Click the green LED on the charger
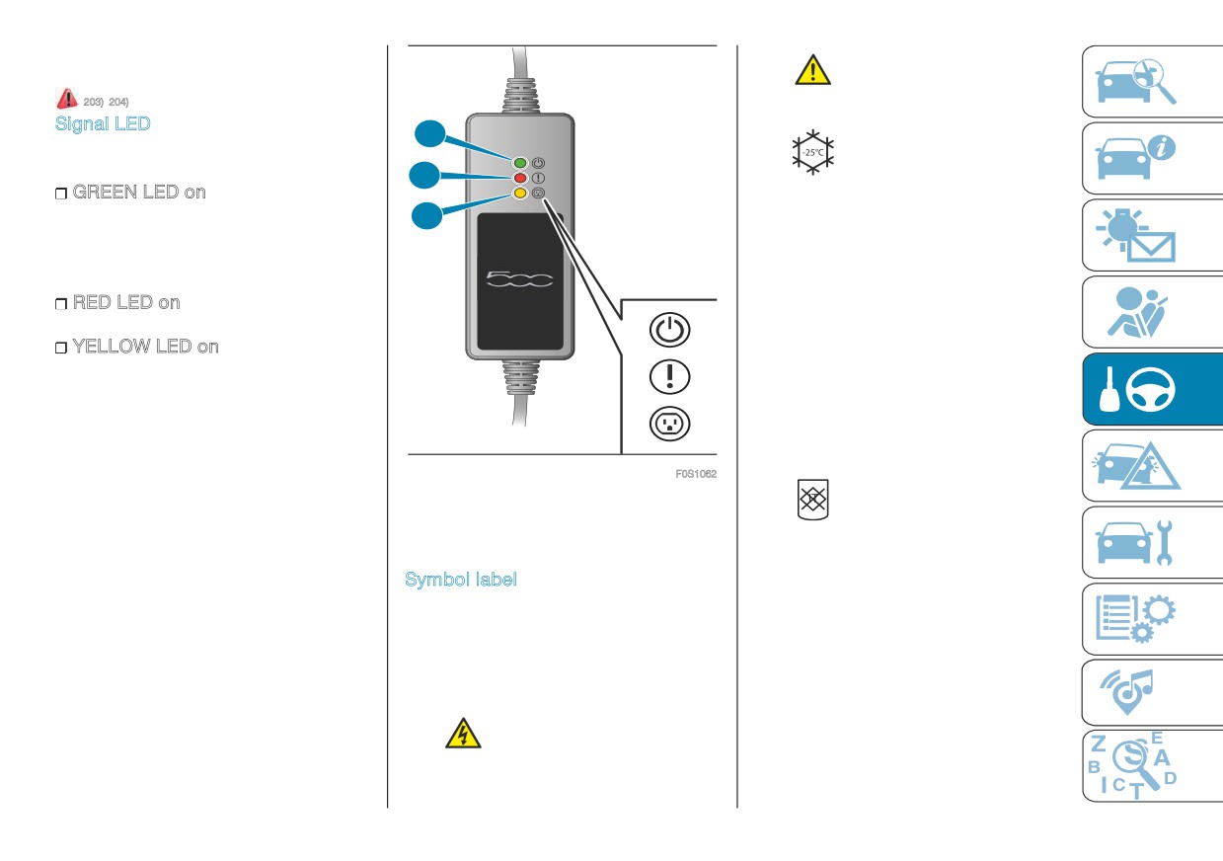520,163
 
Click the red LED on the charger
520,178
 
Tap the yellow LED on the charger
520,193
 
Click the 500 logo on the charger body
519,279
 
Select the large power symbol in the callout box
669,330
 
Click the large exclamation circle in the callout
669,377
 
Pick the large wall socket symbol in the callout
669,424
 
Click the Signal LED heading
103,124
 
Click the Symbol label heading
461,579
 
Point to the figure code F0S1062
696,474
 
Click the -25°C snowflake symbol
813,152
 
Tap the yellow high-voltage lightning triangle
463,734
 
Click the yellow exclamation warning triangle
813,70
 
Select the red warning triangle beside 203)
67,99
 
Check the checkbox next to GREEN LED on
61,194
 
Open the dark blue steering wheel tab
1152,389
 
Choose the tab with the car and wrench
1152,542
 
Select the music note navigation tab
1152,692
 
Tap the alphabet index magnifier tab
1152,766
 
